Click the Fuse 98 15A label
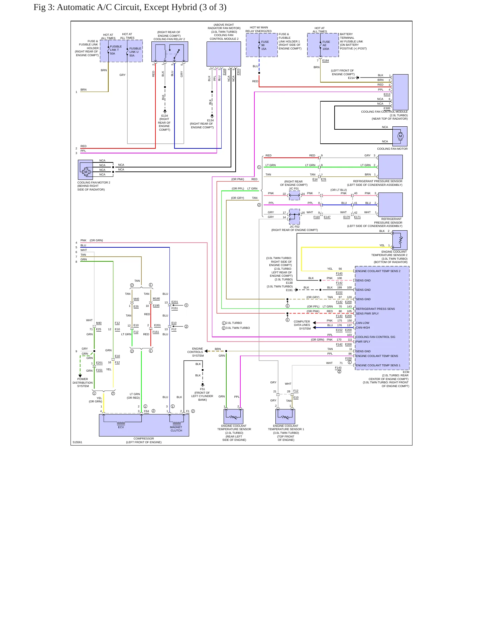(265, 45)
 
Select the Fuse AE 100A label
(326, 45)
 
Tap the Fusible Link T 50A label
(116, 50)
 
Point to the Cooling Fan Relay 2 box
(169, 51)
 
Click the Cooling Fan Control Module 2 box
(224, 54)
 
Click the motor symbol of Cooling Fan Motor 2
(86, 172)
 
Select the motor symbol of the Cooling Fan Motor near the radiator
(400, 136)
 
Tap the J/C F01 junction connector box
(294, 196)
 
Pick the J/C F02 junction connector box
(294, 217)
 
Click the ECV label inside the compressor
(121, 427)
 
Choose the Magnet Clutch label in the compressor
(176, 429)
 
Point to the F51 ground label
(203, 389)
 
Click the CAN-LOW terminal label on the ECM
(363, 323)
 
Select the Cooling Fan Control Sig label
(375, 337)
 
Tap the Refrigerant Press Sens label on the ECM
(375, 309)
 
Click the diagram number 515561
(77, 442)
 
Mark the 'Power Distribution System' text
(83, 383)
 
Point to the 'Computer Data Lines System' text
(302, 325)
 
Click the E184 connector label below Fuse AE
(326, 60)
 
